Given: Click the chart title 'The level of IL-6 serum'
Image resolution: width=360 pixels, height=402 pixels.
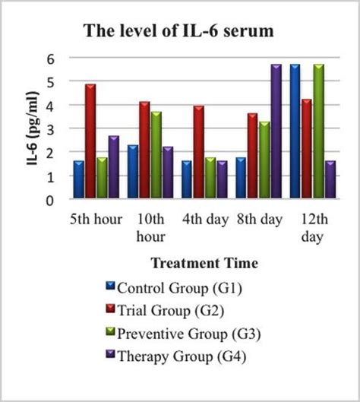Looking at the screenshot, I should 180,32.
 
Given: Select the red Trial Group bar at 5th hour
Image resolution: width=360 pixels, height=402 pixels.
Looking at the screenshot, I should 90,142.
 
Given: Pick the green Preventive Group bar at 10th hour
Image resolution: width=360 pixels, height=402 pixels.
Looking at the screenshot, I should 156,156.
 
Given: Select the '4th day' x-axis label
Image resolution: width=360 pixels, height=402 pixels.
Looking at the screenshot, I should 205,220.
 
